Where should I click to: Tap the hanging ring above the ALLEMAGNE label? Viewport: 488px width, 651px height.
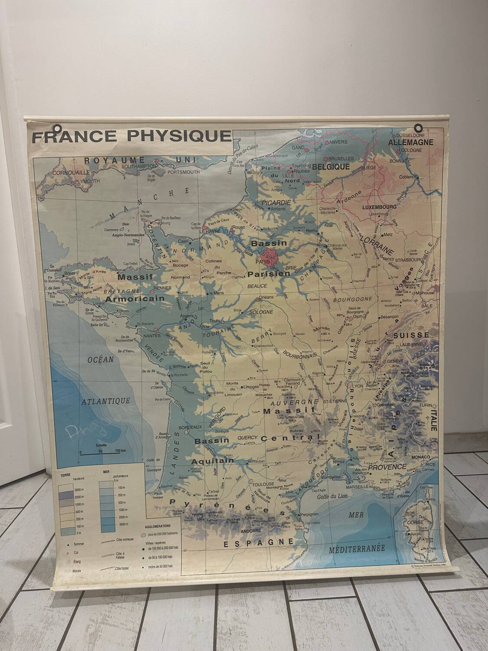[x=419, y=128]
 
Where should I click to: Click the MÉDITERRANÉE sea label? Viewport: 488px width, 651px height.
[x=357, y=548]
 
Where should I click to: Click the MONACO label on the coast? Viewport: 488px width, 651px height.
[x=420, y=457]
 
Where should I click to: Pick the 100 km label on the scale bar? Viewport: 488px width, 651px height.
[x=120, y=452]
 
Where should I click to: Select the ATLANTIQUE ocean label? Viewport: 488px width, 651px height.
[x=106, y=401]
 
